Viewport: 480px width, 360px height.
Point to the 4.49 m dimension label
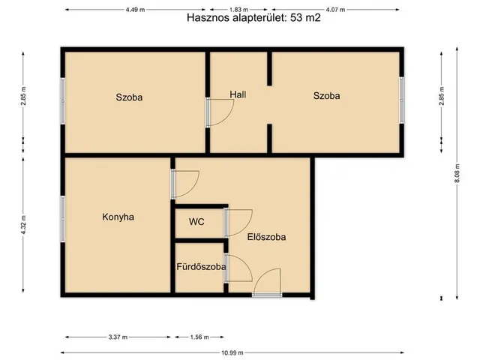coord(136,9)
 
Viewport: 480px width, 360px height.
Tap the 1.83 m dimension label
coord(239,9)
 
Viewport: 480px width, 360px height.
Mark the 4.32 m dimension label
coord(24,224)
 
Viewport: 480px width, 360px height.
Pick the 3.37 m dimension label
coord(118,337)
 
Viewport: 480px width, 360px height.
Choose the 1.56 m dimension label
coord(199,337)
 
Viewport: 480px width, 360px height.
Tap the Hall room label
coord(238,95)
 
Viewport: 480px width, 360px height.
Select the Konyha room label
coord(118,217)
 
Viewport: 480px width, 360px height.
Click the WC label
coord(197,222)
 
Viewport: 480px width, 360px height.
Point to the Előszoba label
coord(266,237)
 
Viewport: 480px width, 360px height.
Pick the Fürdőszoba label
coord(200,266)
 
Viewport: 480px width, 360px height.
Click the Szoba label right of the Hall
coord(327,96)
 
